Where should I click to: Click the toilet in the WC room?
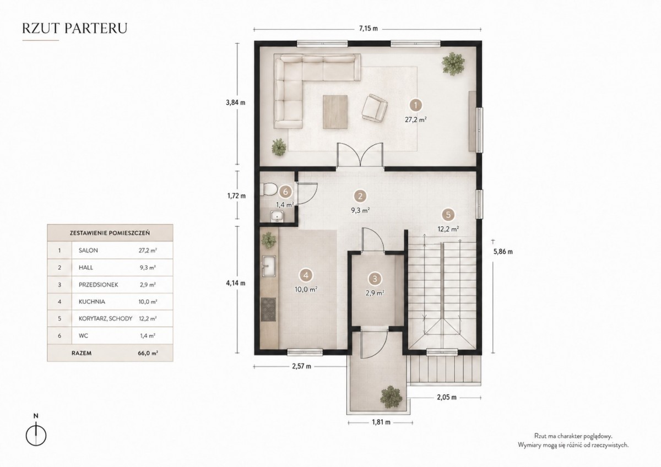coord(269,189)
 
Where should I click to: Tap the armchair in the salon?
coord(375,108)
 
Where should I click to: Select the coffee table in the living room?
coord(335,112)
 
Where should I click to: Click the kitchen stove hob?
coord(269,309)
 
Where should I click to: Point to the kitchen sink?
coord(269,266)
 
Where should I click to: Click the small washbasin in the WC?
coord(277,216)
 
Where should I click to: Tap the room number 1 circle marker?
coord(416,105)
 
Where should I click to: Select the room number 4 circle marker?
coord(306,275)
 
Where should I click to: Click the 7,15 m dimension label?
coord(369,29)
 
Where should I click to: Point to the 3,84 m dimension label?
coord(236,102)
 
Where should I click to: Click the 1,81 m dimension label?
coord(381,422)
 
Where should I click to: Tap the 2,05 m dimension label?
coord(447,398)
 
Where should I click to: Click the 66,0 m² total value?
coord(148,353)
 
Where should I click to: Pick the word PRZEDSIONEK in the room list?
coord(98,285)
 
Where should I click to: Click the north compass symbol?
coord(36,433)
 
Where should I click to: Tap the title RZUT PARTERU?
coord(75,28)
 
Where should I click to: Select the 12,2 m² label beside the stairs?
coord(448,229)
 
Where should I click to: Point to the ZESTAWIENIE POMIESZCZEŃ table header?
coord(110,233)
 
